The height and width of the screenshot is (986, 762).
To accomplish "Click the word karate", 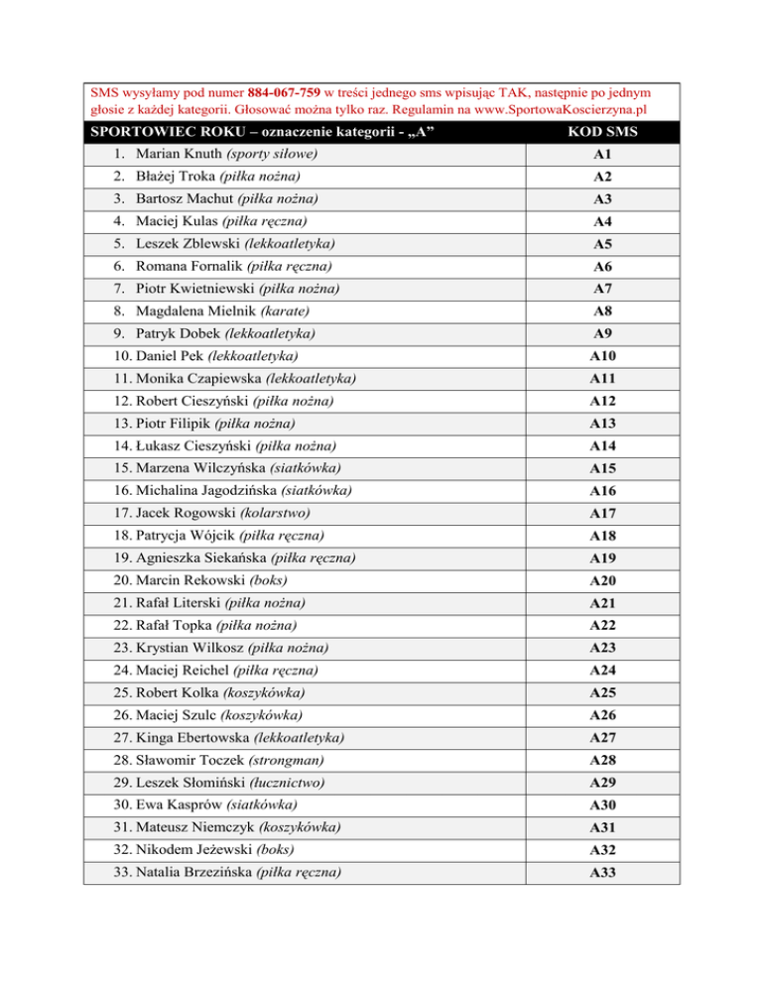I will [299, 309].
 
